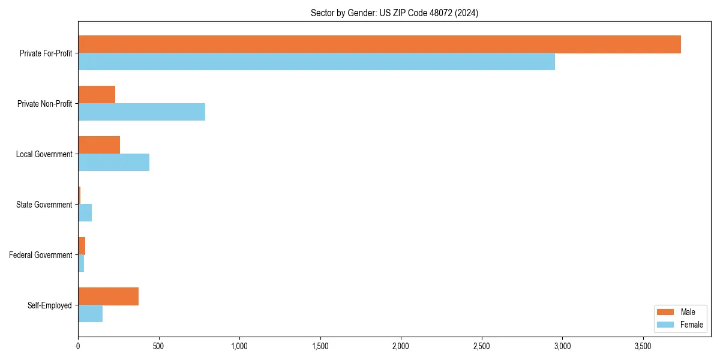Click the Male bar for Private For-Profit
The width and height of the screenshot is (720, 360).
[379, 44]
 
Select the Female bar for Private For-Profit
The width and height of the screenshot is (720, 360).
[316, 62]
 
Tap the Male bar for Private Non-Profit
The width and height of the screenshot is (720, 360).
[97, 95]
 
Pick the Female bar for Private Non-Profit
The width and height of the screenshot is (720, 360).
[142, 112]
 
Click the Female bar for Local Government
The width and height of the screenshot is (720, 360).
[113, 163]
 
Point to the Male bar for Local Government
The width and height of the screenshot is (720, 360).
[99, 145]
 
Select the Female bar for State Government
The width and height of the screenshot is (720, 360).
[85, 213]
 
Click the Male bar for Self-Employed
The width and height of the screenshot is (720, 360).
[108, 296]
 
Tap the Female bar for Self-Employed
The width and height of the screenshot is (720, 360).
[90, 314]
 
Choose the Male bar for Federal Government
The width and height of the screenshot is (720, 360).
[82, 246]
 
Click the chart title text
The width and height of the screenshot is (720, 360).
[394, 13]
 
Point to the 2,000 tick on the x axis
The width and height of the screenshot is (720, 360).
[401, 346]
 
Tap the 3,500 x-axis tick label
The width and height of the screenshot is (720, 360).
[643, 346]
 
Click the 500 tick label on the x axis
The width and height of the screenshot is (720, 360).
[158, 346]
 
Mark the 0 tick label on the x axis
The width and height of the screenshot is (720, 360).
[78, 346]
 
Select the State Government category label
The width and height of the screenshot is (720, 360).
[44, 205]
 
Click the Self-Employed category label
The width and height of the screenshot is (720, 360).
[50, 305]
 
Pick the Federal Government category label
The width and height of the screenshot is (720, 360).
[41, 255]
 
